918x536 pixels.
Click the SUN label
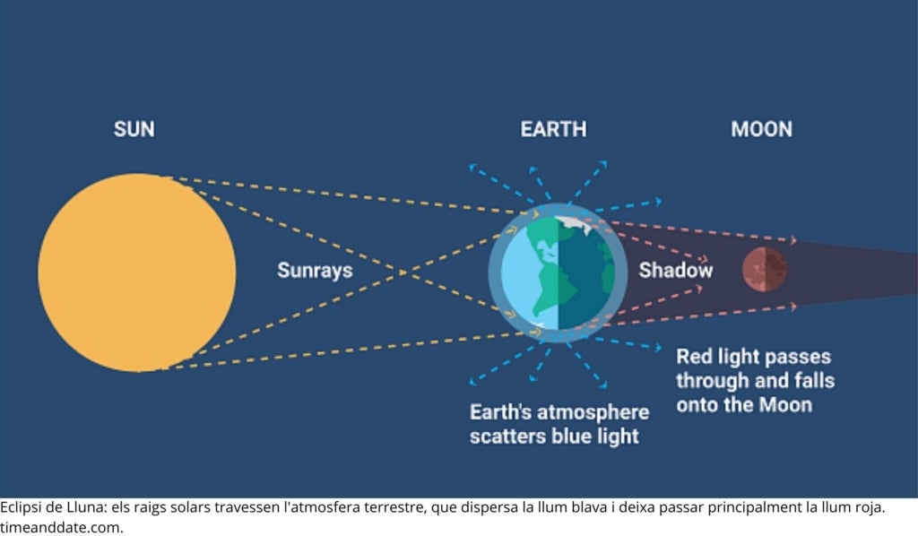point(134,129)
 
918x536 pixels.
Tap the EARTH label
point(553,129)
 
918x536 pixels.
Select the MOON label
point(762,129)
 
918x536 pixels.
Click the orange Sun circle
point(137,272)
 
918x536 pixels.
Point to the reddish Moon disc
point(765,269)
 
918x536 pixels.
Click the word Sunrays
point(315,271)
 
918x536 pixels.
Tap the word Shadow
point(676,271)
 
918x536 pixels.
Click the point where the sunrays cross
point(403,272)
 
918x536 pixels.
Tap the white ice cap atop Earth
point(574,224)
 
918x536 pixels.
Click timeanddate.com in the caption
point(62,527)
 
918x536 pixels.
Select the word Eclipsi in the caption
point(22,507)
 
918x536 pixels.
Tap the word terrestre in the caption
point(394,507)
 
